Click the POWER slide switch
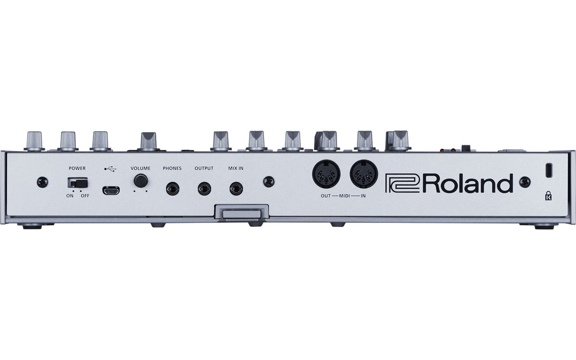(x=77, y=182)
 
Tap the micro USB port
(x=111, y=190)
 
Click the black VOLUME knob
(x=141, y=181)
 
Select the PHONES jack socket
(x=172, y=188)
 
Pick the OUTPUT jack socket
(x=204, y=188)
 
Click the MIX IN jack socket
(x=236, y=188)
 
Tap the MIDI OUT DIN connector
(x=326, y=174)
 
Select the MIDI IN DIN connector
(x=364, y=174)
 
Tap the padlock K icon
(x=548, y=196)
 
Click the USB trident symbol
(x=110, y=169)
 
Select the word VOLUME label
(x=141, y=169)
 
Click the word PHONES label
(x=172, y=169)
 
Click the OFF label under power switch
(x=85, y=196)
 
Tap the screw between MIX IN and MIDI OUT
(x=269, y=182)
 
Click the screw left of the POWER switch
(x=42, y=182)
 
